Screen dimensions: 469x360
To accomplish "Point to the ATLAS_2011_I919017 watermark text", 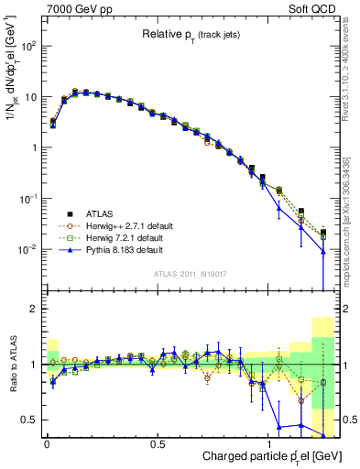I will [198, 272].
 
